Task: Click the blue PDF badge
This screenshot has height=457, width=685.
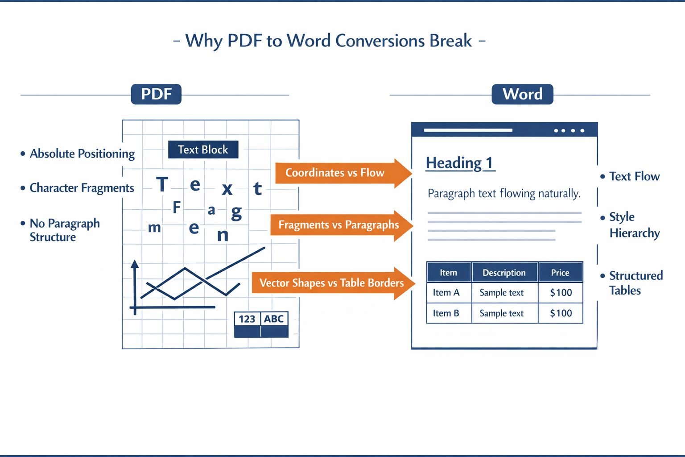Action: pyautogui.click(x=156, y=94)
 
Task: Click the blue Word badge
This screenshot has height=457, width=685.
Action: pyautogui.click(x=522, y=94)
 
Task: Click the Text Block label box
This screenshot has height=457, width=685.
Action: pyautogui.click(x=203, y=150)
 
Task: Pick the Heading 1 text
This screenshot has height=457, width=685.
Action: pyautogui.click(x=460, y=163)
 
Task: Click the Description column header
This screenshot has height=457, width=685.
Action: pyautogui.click(x=504, y=273)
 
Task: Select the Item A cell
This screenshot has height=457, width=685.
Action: pyautogui.click(x=446, y=293)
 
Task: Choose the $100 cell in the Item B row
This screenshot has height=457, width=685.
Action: pyautogui.click(x=561, y=313)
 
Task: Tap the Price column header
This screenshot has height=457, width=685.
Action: pyautogui.click(x=560, y=273)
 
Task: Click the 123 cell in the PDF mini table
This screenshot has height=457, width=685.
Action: pyautogui.click(x=247, y=319)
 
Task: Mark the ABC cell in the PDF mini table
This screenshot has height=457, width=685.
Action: pyautogui.click(x=274, y=319)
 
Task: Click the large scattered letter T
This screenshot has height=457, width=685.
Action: pyautogui.click(x=162, y=184)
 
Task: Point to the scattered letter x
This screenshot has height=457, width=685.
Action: pyautogui.click(x=227, y=189)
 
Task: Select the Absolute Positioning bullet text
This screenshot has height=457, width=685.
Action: pyautogui.click(x=82, y=154)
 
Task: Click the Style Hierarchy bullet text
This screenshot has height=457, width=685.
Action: pyautogui.click(x=634, y=225)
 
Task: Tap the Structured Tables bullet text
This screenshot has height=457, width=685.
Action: pyautogui.click(x=635, y=283)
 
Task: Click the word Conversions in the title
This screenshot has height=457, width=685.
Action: pyautogui.click(x=380, y=41)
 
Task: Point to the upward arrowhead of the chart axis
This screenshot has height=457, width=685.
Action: pyautogui.click(x=135, y=264)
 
